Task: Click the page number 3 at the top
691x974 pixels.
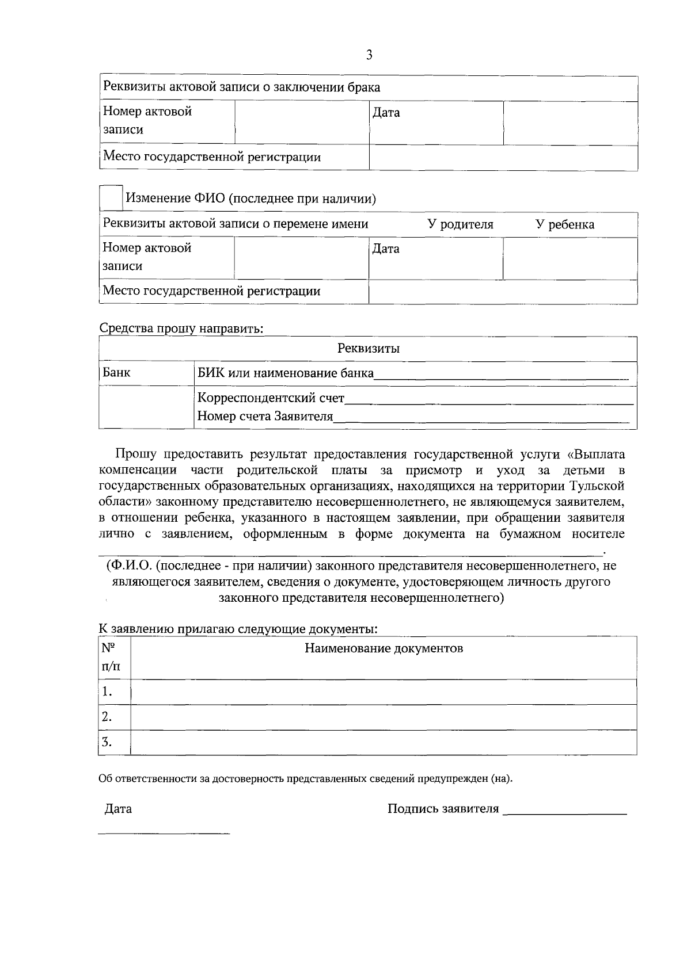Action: pos(369,55)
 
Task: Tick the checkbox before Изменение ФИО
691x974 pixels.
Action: pos(111,197)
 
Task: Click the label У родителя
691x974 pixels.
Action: pos(460,224)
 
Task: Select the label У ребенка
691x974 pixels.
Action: pos(565,224)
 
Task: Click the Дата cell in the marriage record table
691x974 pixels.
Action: pos(386,113)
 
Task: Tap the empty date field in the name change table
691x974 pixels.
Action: pos(569,259)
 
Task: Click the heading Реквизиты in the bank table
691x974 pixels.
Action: pos(369,349)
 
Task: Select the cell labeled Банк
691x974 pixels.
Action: pos(117,373)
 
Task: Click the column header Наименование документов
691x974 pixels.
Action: pos(384,649)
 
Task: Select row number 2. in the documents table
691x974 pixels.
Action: pos(107,717)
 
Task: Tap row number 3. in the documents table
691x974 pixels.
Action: pos(107,742)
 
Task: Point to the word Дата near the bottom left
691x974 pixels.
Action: pos(118,809)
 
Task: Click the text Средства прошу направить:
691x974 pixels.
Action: pos(181,329)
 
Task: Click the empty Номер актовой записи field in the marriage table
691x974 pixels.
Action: pos(301,122)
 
